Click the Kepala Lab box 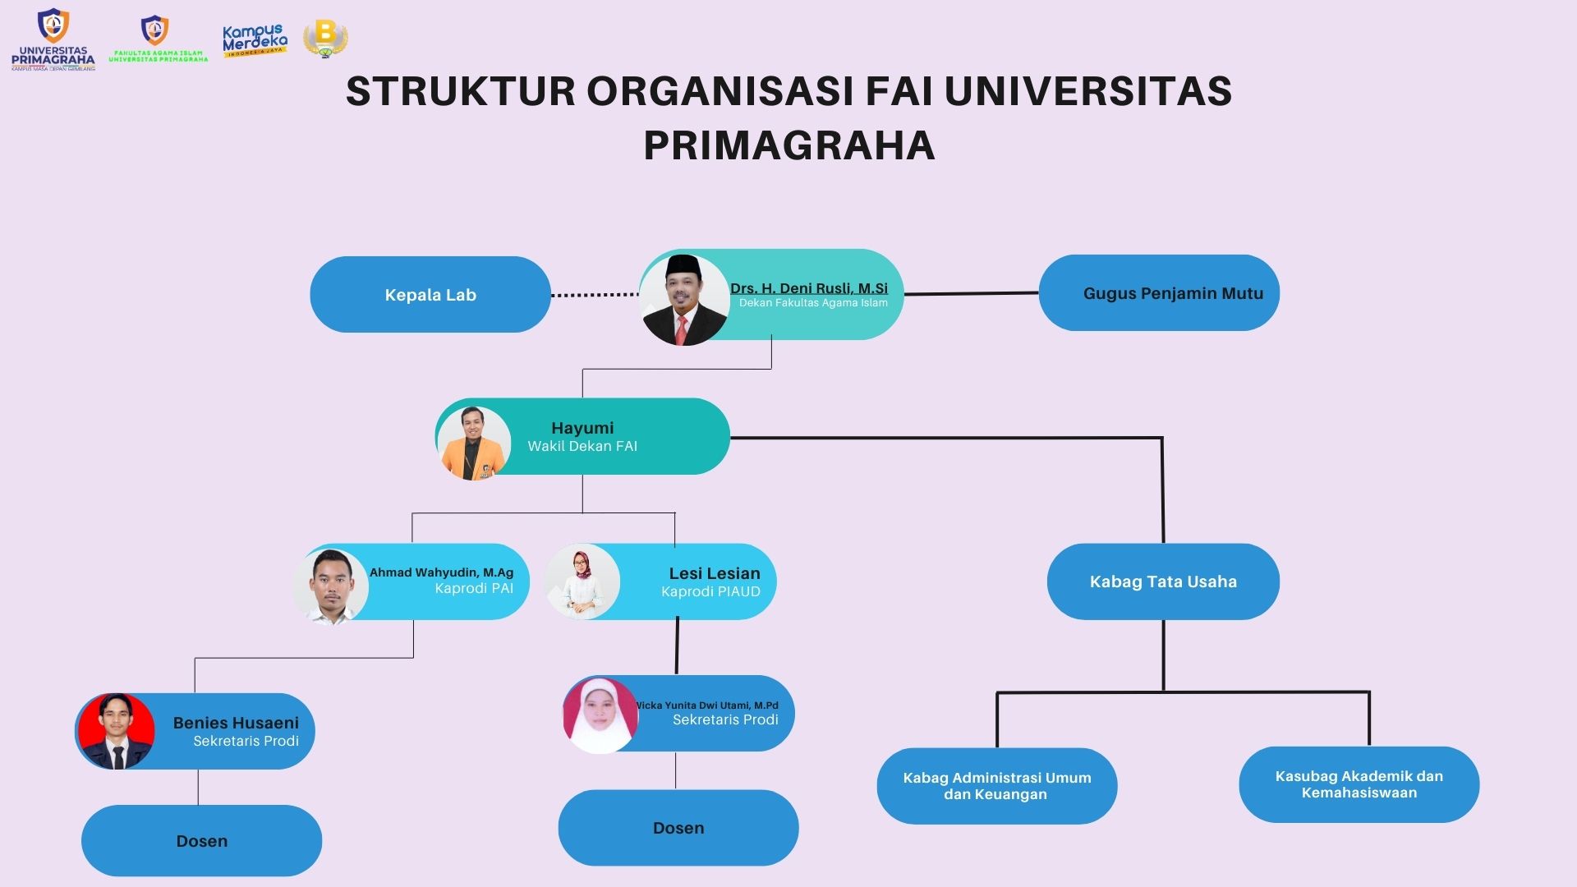430,295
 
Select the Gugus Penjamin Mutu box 1159,293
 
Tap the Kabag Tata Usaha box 1163,581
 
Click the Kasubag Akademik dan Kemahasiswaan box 1359,784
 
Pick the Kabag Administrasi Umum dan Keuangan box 996,786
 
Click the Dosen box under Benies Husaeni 201,841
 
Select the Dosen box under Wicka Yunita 678,828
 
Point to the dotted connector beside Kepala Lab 595,294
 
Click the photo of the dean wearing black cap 683,299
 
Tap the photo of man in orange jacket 474,443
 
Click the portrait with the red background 116,731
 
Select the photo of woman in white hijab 600,715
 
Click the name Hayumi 582,428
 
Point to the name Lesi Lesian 715,573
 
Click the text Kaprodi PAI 474,589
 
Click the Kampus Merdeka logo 255,39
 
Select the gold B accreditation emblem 325,38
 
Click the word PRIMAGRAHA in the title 788,145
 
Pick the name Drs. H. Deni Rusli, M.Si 809,288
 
